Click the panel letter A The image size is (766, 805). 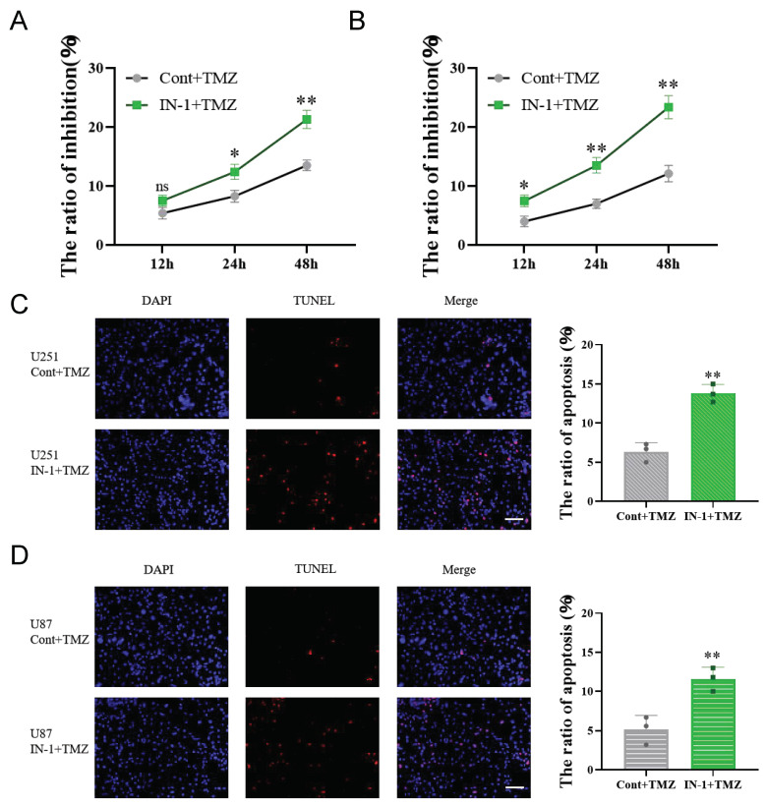tap(19, 19)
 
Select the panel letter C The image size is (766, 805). tap(19, 303)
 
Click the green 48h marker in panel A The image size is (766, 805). tap(306, 120)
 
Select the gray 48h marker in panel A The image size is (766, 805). tap(306, 165)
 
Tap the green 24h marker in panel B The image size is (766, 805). tap(596, 165)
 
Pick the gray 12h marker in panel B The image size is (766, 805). tap(524, 221)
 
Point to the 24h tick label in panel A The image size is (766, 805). tap(234, 264)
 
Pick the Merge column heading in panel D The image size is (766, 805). tap(458, 569)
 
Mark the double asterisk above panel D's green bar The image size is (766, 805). tap(713, 655)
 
